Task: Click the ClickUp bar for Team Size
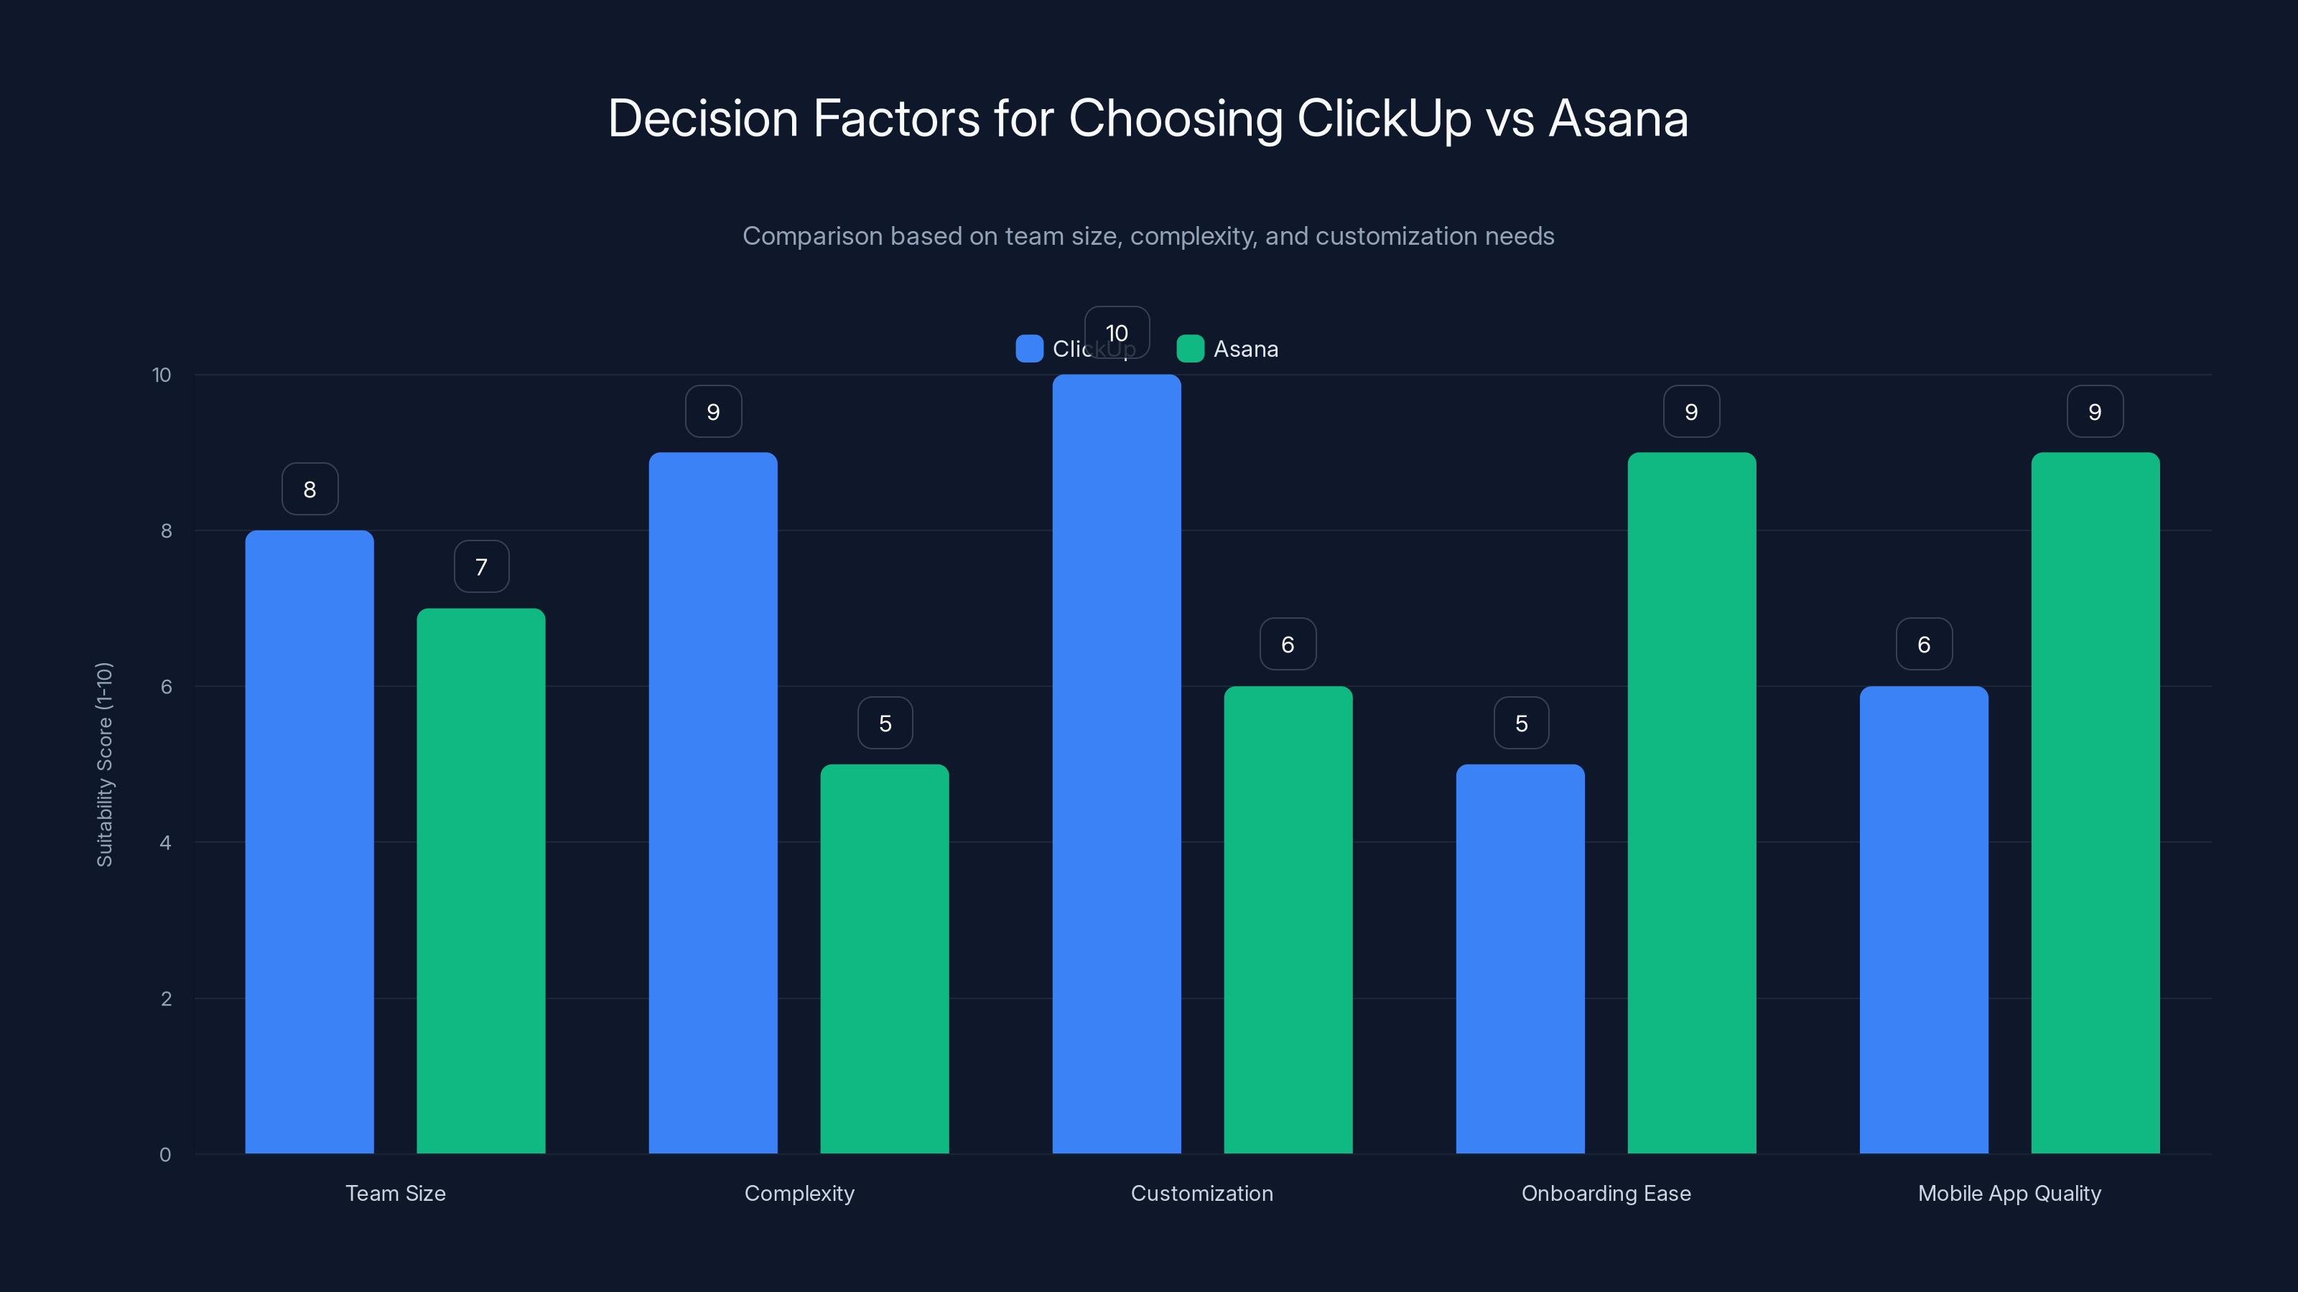[x=310, y=842]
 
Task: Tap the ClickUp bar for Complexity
[x=713, y=802]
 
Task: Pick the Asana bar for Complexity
[x=884, y=958]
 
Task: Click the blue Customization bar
[x=1116, y=764]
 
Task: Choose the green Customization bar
[x=1288, y=919]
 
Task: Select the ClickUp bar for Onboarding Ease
[x=1520, y=958]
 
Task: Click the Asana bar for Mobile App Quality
[x=2095, y=802]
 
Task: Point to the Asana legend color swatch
[x=1190, y=349]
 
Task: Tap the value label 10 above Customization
[x=1117, y=332]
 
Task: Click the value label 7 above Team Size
[x=482, y=567]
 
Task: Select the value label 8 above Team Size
[x=310, y=490]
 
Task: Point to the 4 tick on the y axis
[x=165, y=843]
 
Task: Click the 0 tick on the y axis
[x=165, y=1155]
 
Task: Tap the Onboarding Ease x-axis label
[x=1606, y=1193]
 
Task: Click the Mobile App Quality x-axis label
[x=2009, y=1193]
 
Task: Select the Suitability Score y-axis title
[x=104, y=764]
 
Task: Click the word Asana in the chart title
[x=1618, y=118]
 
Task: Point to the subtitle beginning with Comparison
[x=1148, y=236]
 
